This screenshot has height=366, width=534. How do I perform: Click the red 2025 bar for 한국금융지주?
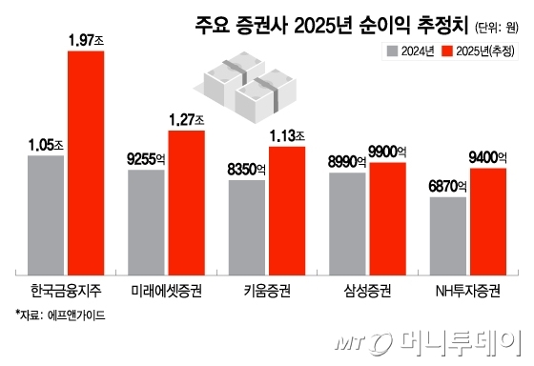86,159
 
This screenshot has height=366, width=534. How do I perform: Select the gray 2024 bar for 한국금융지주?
46,212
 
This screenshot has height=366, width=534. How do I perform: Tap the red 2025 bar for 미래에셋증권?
187,199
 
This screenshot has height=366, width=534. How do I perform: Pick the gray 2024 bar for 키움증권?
247,223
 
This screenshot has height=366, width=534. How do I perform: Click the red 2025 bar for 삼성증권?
388,215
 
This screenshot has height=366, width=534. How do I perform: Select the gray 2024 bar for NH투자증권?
448,233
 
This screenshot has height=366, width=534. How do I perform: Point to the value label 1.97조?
86,39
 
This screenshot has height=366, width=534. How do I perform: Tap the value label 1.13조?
288,135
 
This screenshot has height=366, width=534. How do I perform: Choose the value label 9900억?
388,152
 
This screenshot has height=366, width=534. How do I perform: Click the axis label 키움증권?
267,287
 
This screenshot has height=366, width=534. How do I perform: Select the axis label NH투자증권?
467,287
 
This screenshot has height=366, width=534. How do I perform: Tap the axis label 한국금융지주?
65,287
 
